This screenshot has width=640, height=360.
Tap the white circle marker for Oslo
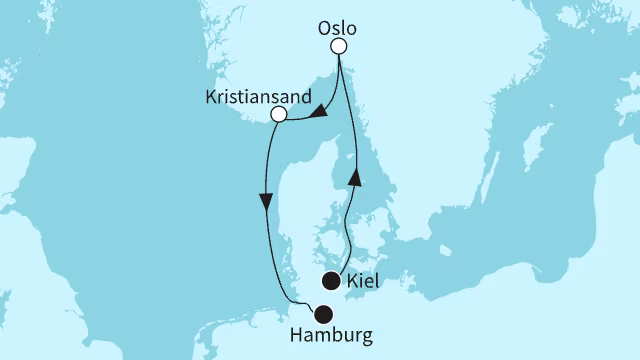click(339, 47)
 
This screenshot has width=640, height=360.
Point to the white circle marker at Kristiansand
click(279, 115)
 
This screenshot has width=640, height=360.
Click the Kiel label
click(363, 282)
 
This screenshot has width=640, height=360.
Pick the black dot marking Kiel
click(330, 281)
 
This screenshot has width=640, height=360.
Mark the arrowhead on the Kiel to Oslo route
click(352, 177)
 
